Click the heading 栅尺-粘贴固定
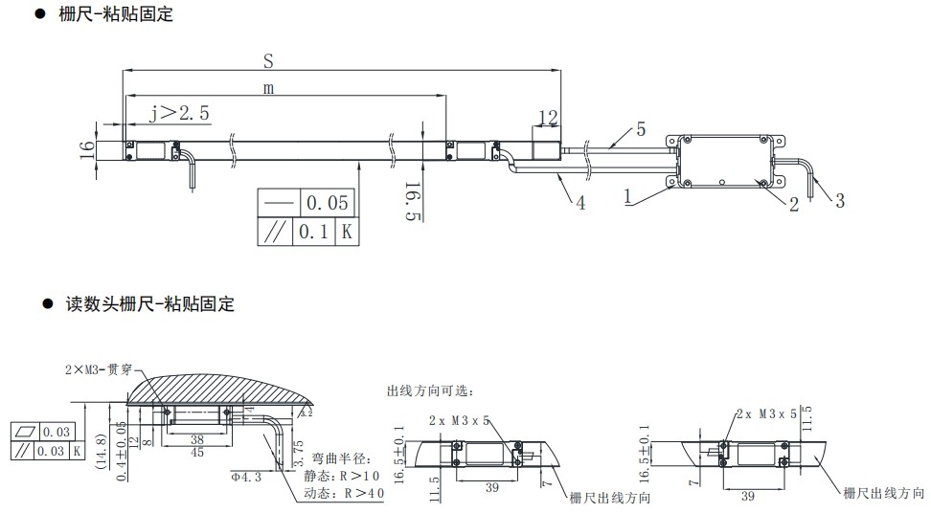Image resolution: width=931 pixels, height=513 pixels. tap(116, 15)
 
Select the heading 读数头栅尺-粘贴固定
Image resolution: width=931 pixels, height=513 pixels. tap(148, 304)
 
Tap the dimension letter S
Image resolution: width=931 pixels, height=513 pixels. tap(269, 60)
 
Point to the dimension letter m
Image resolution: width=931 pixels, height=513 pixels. tap(269, 88)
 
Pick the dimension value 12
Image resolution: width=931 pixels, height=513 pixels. tap(548, 118)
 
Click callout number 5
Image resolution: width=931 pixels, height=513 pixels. tap(641, 129)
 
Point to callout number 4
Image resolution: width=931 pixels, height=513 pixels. tap(580, 203)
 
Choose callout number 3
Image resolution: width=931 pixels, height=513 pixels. tap(840, 201)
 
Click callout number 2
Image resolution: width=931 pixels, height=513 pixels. tap(794, 204)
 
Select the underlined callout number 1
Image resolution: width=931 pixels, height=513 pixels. tap(627, 196)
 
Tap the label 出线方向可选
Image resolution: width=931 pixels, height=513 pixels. tap(430, 391)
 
